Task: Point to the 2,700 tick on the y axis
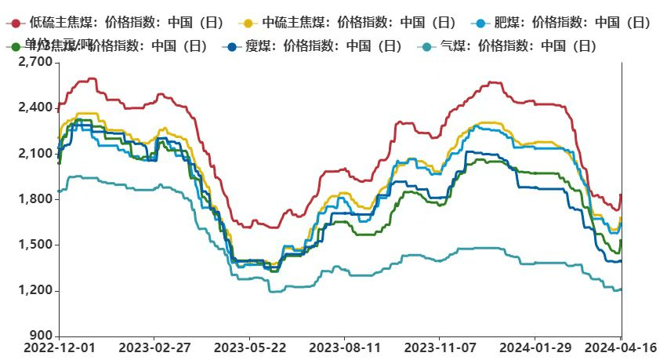point(35,61)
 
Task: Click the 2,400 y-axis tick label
point(35,107)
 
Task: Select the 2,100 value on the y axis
point(35,153)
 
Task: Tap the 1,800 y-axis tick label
point(35,199)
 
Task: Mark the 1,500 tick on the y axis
point(35,245)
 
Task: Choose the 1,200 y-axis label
point(35,291)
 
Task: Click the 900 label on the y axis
point(41,336)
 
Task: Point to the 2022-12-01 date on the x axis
point(59,346)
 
